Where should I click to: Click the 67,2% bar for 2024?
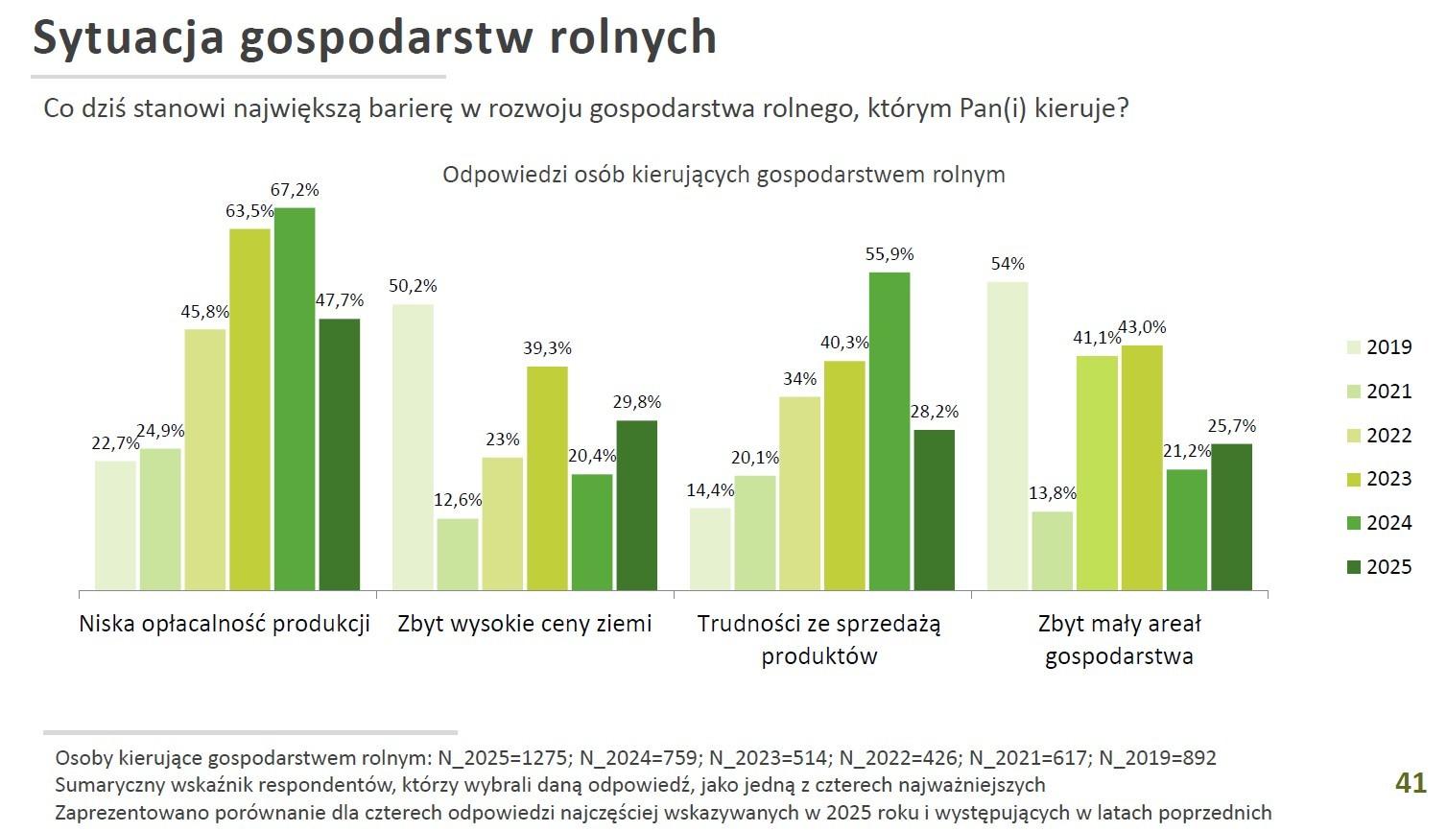tap(295, 398)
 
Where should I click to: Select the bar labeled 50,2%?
tap(413, 446)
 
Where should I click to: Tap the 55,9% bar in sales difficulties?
tap(890, 431)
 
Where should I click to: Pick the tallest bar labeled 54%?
tap(1008, 436)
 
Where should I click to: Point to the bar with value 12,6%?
tap(458, 554)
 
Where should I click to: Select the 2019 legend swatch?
tap(1354, 347)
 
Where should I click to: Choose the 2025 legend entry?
tap(1388, 567)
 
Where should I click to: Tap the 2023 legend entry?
tap(1388, 479)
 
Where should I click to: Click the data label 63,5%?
tap(249, 211)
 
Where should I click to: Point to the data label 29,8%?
tap(637, 403)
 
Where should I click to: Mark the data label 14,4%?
tap(710, 490)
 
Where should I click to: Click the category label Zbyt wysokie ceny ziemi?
tap(525, 624)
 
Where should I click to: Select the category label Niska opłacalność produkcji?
tap(225, 624)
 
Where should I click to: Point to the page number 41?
tap(1411, 783)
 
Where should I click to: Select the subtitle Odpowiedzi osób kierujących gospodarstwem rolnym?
tap(723, 175)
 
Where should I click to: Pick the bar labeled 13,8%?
tap(1053, 550)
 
